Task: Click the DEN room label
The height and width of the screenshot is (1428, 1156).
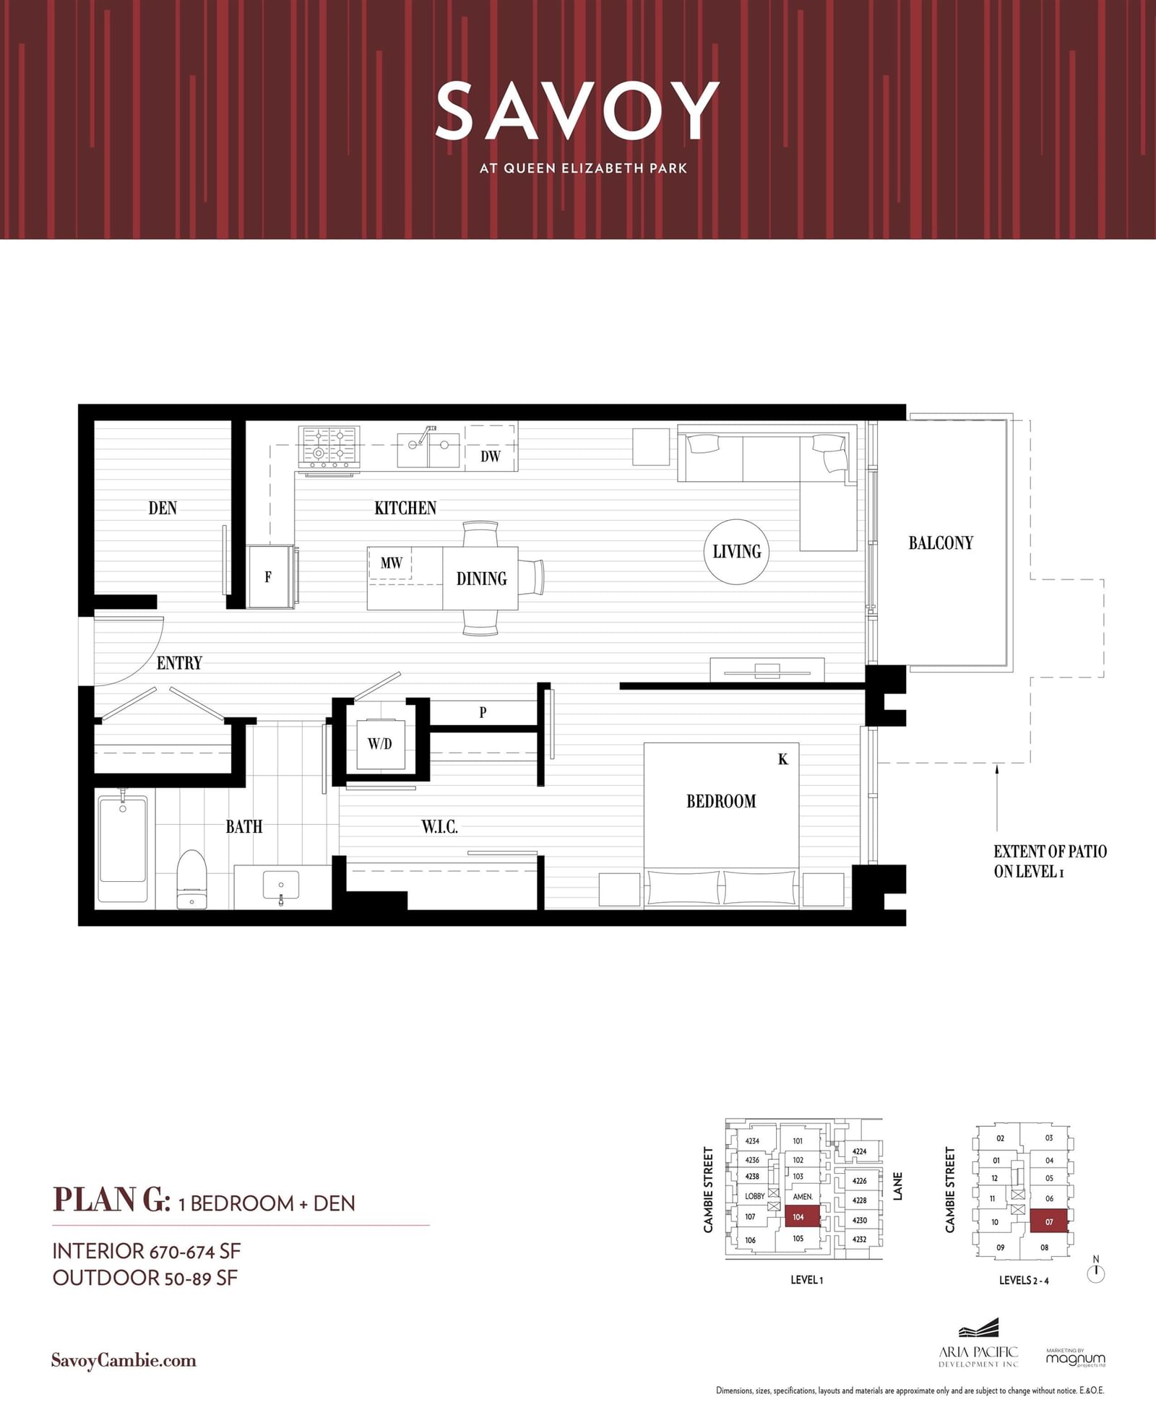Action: (x=163, y=508)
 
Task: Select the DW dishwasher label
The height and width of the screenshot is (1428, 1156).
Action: (x=491, y=456)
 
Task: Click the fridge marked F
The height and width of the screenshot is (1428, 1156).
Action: (x=269, y=576)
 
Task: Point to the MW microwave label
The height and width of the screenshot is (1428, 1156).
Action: (x=391, y=563)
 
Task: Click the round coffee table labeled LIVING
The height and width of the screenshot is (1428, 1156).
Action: (x=737, y=552)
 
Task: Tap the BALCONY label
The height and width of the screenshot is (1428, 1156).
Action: (x=941, y=542)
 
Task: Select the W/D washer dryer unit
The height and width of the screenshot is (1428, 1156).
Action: (x=380, y=743)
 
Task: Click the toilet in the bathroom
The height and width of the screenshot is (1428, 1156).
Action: (x=192, y=879)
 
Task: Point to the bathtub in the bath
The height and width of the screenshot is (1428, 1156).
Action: (x=123, y=846)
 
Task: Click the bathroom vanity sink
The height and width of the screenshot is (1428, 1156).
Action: (x=282, y=886)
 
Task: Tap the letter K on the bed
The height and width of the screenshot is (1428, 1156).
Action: (x=783, y=759)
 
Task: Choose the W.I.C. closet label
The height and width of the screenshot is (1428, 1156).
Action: (x=440, y=826)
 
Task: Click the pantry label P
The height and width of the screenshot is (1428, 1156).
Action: (x=483, y=712)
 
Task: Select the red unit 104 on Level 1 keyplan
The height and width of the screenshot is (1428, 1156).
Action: (x=798, y=1217)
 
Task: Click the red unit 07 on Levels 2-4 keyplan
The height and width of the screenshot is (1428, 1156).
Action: (x=1048, y=1221)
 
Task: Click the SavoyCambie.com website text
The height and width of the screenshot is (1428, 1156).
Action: (x=124, y=1361)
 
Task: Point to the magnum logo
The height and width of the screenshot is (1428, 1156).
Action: (x=1075, y=1358)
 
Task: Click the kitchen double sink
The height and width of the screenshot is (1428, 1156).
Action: (x=429, y=449)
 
